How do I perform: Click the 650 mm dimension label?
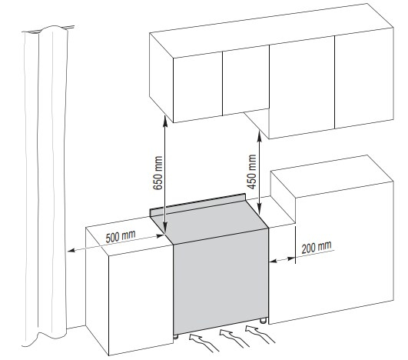(x=158, y=173)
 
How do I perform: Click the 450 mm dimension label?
(x=251, y=172)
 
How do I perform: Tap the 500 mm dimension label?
(x=121, y=236)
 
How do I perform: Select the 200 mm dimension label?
(x=317, y=247)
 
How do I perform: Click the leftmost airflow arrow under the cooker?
(x=203, y=343)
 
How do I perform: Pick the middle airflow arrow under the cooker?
(x=234, y=338)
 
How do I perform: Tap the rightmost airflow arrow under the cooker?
(x=260, y=335)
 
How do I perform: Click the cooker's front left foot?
(x=176, y=337)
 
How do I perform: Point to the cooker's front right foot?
(x=264, y=321)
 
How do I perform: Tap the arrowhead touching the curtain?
(x=71, y=251)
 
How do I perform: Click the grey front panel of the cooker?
(x=221, y=282)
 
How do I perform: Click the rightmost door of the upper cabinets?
(x=364, y=78)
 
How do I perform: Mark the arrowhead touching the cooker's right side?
(x=274, y=261)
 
